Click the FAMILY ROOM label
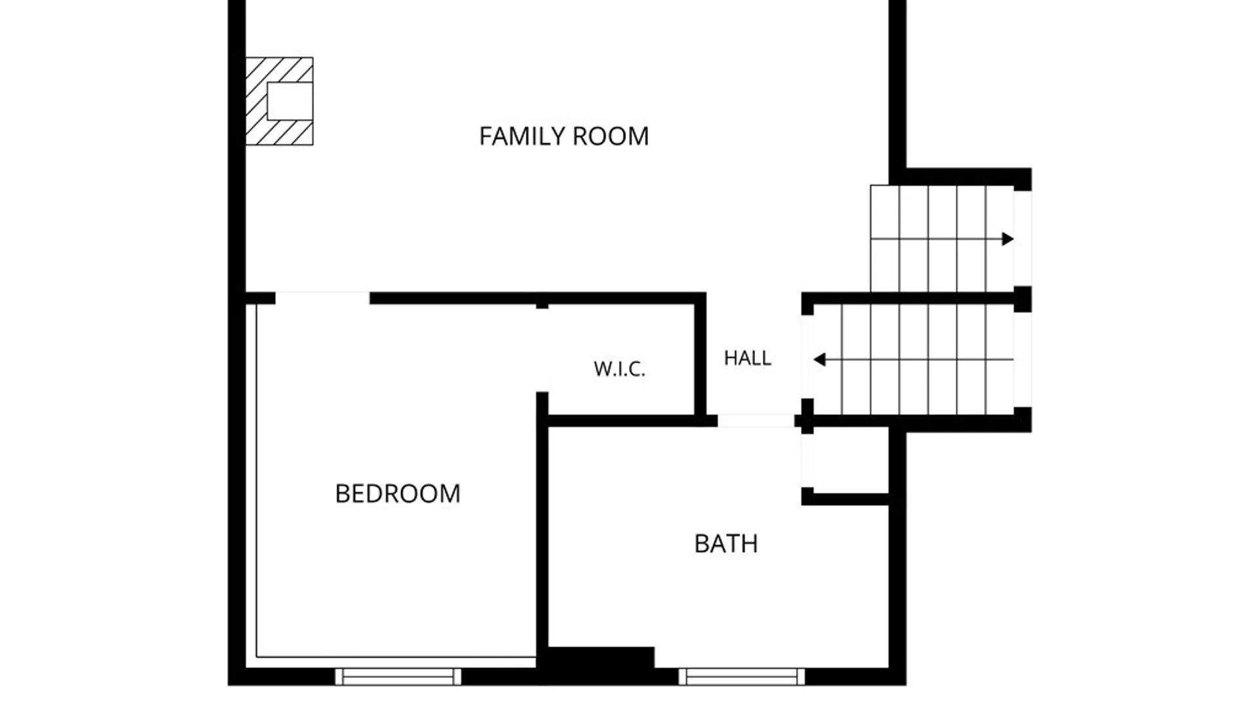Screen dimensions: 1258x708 pos(563,136)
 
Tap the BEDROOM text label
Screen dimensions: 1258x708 pos(398,494)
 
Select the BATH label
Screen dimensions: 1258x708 pos(726,543)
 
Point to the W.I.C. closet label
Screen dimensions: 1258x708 pos(620,369)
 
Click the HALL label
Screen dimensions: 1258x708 pos(748,358)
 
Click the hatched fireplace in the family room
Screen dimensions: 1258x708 pos(280,101)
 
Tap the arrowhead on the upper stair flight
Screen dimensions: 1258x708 pos(1008,239)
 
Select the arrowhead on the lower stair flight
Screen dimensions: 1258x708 pos(819,359)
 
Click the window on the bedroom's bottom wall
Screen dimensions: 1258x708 pos(398,677)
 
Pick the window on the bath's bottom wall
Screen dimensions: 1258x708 pos(742,677)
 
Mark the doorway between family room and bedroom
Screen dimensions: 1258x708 pos(322,298)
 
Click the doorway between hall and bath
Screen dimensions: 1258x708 pos(756,421)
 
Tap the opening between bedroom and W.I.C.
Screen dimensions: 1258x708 pos(542,350)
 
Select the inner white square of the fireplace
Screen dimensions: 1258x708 pos(290,101)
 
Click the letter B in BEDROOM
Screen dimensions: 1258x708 pos(342,494)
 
